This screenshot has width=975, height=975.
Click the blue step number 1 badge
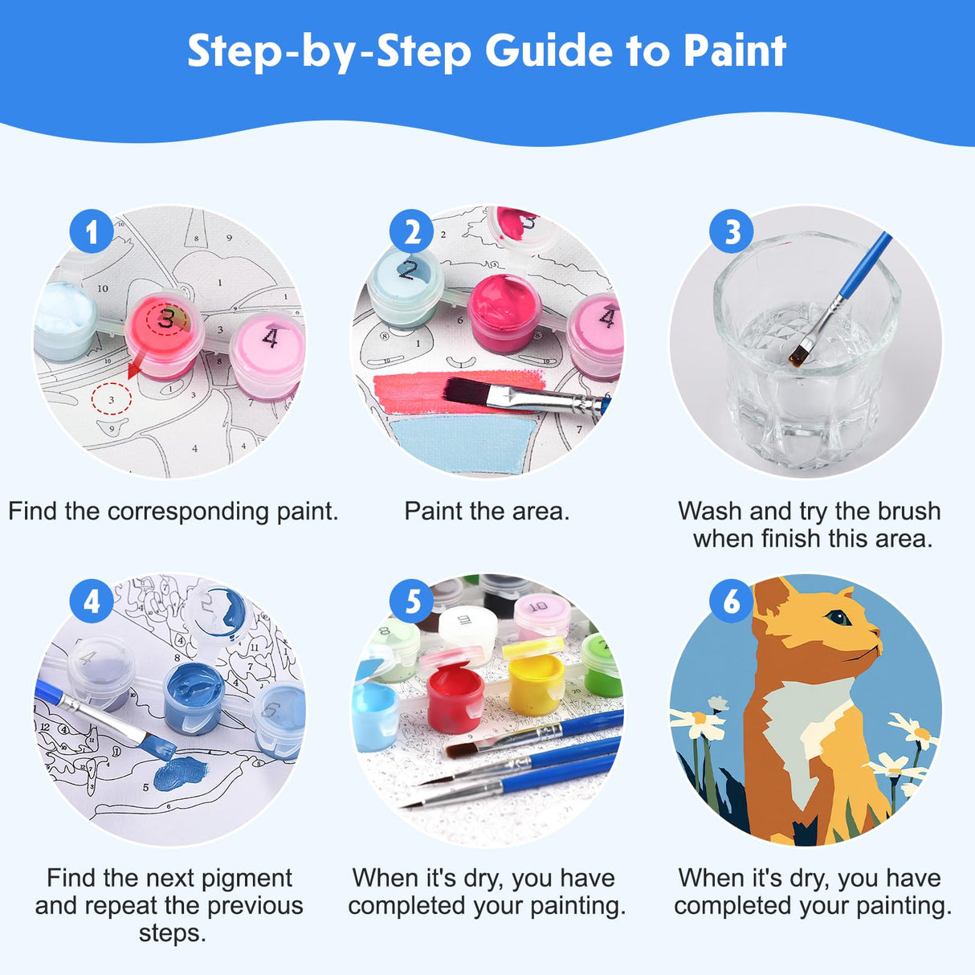coord(91,232)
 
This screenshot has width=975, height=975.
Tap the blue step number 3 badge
coord(732,232)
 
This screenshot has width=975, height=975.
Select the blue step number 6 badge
coord(732,601)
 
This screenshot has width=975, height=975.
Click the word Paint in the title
coord(734,51)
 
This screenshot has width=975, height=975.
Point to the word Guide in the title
coord(549,51)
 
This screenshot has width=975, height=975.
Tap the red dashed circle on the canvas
coord(111,398)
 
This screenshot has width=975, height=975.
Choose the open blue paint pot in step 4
coord(194,695)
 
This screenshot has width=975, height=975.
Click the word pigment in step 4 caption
coord(246,878)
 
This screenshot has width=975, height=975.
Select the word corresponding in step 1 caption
coord(188,512)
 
